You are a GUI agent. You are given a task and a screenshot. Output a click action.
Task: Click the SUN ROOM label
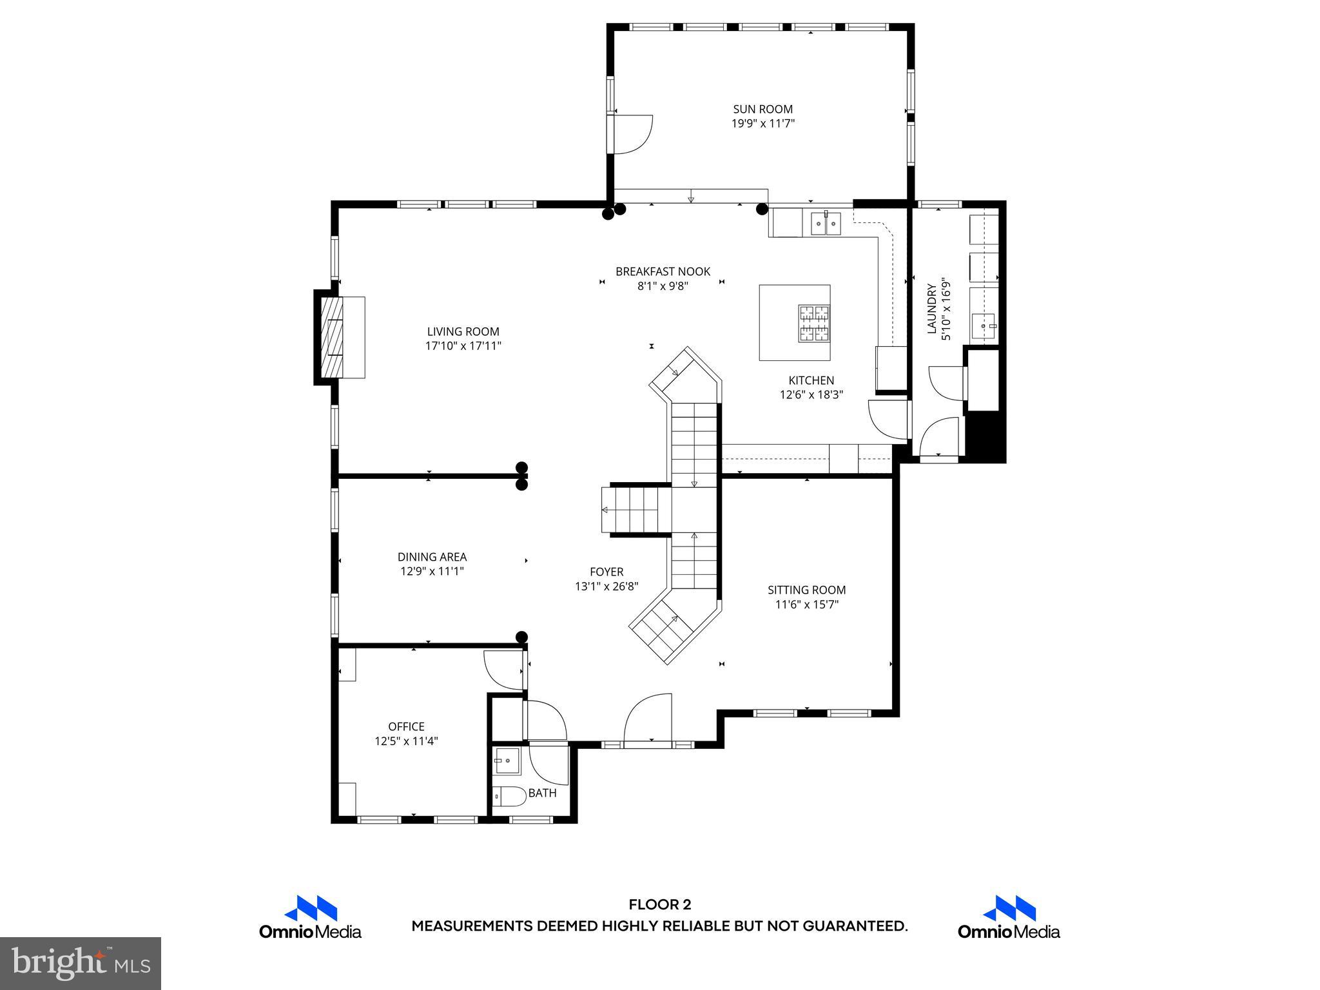tap(762, 109)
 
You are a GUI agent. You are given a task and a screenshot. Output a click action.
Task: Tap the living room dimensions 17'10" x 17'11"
tap(463, 346)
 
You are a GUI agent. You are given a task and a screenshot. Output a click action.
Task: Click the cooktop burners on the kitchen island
tap(813, 323)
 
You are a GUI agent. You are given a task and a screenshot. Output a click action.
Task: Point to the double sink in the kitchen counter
tap(826, 224)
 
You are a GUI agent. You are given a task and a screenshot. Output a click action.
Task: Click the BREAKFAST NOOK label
tap(663, 271)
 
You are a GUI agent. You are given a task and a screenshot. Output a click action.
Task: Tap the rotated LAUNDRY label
tap(931, 309)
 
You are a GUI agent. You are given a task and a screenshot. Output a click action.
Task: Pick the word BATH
tap(542, 793)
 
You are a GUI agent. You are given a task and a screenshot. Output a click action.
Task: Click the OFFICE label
tap(406, 726)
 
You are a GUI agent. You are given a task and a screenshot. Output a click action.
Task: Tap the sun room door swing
tap(632, 134)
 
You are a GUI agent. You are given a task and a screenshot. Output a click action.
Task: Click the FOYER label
tap(607, 572)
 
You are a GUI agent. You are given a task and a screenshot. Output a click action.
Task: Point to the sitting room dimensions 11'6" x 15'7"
tap(806, 605)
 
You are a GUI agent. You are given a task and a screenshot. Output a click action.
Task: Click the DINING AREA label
tap(432, 557)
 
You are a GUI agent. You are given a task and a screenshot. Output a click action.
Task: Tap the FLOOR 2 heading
tap(659, 904)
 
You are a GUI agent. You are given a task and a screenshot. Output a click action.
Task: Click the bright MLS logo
tap(81, 963)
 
